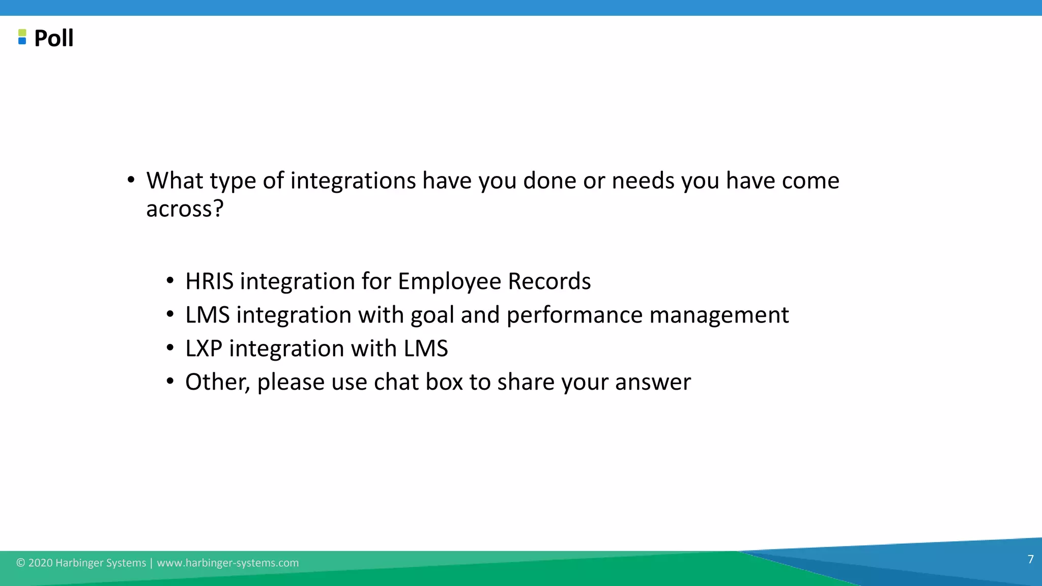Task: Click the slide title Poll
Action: pyautogui.click(x=53, y=38)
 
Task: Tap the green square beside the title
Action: pyautogui.click(x=22, y=33)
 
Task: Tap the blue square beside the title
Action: pyautogui.click(x=22, y=41)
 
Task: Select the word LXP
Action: pyautogui.click(x=204, y=348)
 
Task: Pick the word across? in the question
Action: pyautogui.click(x=185, y=209)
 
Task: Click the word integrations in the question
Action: pyautogui.click(x=353, y=181)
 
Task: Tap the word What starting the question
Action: pyautogui.click(x=175, y=181)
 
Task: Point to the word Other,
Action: pyautogui.click(x=217, y=383)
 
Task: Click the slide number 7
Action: pyautogui.click(x=1030, y=560)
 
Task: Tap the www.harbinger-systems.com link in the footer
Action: pyautogui.click(x=227, y=563)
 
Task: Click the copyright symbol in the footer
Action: pyautogui.click(x=20, y=563)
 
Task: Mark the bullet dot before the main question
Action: pyautogui.click(x=131, y=180)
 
